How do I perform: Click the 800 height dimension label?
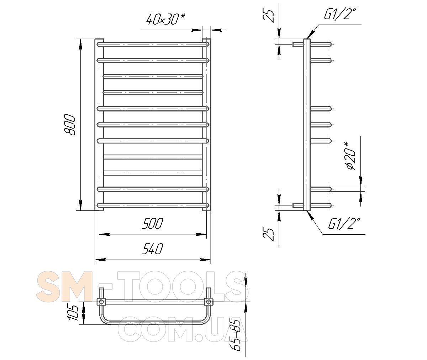(x=69, y=125)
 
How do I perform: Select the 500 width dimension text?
(x=153, y=224)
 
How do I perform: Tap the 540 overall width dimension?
(x=153, y=249)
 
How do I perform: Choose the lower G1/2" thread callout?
(x=344, y=224)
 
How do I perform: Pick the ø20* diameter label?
(x=351, y=156)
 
